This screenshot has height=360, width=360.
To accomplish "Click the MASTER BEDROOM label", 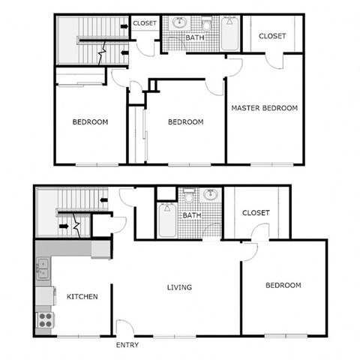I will [264, 108].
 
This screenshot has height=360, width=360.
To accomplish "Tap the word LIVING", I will [179, 287].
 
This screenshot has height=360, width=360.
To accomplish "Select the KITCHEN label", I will [82, 297].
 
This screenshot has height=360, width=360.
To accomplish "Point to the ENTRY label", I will [127, 346].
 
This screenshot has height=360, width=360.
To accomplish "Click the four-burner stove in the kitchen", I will [46, 320].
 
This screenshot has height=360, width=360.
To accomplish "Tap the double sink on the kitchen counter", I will [43, 268].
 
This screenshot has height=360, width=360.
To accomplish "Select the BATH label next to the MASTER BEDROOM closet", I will [195, 37].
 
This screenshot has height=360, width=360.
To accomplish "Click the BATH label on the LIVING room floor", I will [192, 215].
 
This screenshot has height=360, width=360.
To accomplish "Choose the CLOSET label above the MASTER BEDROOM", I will [271, 36].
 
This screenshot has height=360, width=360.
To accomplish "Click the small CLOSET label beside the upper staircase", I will [145, 23].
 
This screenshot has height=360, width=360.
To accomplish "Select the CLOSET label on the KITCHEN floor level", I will [256, 213].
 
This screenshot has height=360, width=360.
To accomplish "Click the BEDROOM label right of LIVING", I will [283, 285].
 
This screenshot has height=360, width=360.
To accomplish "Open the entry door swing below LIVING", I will [127, 328].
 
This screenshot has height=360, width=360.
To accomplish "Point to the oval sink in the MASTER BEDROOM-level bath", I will [180, 22].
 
